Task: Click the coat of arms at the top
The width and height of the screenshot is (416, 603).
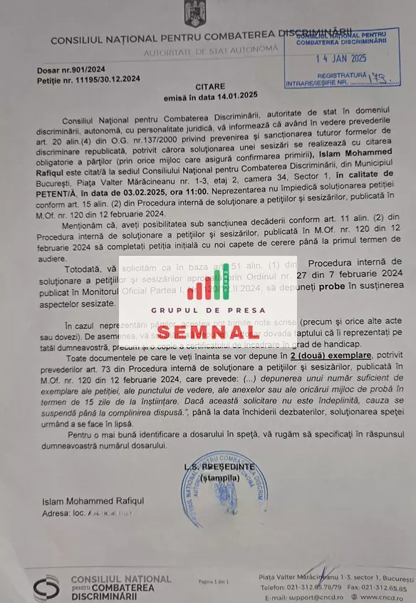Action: (x=194, y=14)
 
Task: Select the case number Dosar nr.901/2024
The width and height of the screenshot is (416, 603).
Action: (x=71, y=70)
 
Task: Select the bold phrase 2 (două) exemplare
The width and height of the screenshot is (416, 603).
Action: (x=330, y=355)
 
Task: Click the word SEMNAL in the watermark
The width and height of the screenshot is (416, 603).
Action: (x=208, y=331)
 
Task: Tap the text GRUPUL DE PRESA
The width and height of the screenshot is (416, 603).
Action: (x=208, y=310)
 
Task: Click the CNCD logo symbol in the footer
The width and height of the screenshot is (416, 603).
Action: (x=46, y=587)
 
